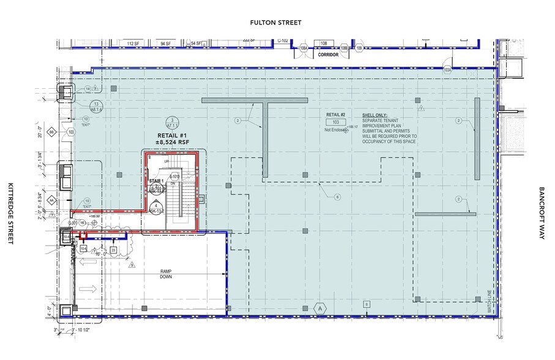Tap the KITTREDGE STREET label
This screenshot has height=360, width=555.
(x=10, y=213)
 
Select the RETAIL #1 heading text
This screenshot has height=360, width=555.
(x=172, y=136)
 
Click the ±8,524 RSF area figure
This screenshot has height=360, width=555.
(x=172, y=143)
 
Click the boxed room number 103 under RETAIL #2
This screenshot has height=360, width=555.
(x=335, y=122)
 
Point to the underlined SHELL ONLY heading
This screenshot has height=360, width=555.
(x=374, y=114)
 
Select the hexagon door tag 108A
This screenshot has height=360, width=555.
(x=303, y=48)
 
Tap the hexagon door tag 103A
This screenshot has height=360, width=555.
(x=447, y=70)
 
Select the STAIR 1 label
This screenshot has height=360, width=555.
(x=156, y=181)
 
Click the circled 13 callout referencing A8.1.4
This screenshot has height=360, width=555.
(x=95, y=105)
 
